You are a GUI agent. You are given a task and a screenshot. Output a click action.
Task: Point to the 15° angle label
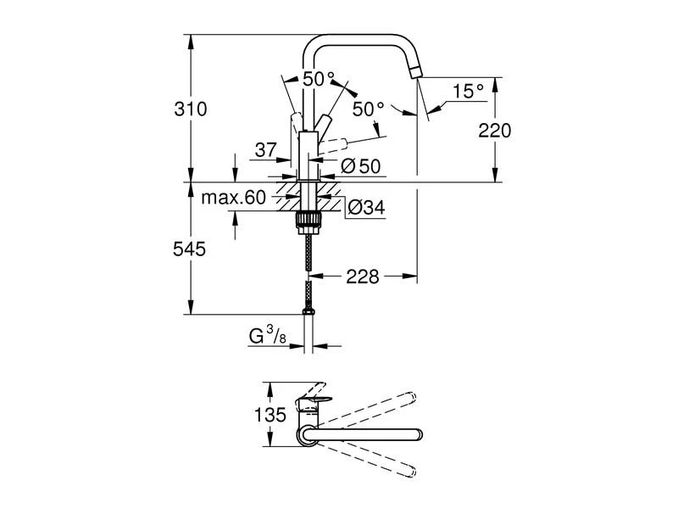tap(467, 91)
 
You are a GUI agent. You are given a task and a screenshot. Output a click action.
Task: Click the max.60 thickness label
tap(234, 199)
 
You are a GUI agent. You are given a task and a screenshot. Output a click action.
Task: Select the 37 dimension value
tap(265, 150)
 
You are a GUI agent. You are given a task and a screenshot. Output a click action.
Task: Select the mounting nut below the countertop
tap(308, 222)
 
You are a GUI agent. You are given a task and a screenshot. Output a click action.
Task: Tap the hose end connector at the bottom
tap(309, 302)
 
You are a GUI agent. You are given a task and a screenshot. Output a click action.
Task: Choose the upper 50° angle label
tap(319, 79)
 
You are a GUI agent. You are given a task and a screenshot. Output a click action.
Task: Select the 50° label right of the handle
tap(369, 109)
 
